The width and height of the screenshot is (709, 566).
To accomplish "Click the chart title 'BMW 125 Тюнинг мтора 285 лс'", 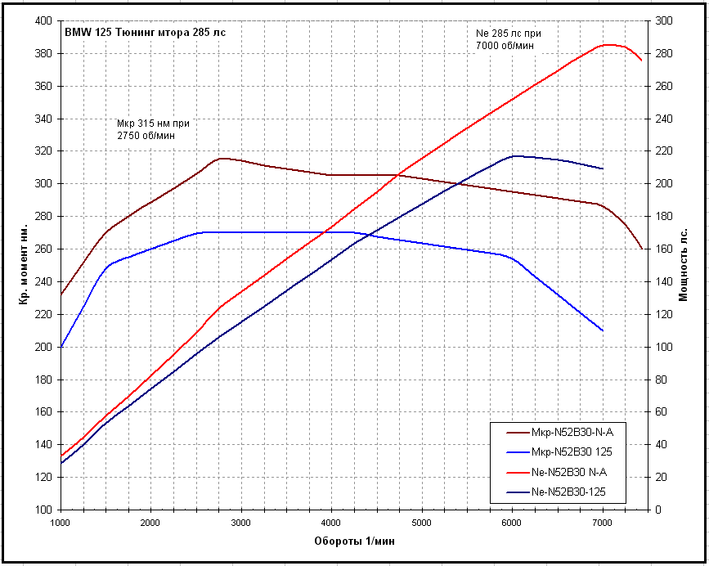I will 146,33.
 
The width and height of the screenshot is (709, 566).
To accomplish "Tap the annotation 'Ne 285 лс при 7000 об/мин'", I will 508,39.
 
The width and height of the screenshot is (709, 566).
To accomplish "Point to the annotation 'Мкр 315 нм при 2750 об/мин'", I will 159,128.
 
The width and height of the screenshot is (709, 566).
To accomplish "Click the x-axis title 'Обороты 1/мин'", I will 353,541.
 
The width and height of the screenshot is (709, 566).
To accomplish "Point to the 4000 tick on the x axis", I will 331,522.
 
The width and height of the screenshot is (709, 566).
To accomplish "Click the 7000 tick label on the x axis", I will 603,522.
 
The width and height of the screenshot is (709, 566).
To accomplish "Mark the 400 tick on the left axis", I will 43,20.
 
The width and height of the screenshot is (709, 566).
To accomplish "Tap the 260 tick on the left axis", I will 43,249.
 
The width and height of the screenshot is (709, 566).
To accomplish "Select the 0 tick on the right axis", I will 658,510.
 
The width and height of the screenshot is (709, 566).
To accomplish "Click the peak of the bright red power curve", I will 608,45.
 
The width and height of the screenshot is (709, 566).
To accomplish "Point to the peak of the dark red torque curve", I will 222,158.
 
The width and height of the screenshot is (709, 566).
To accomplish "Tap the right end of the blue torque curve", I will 603,330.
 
